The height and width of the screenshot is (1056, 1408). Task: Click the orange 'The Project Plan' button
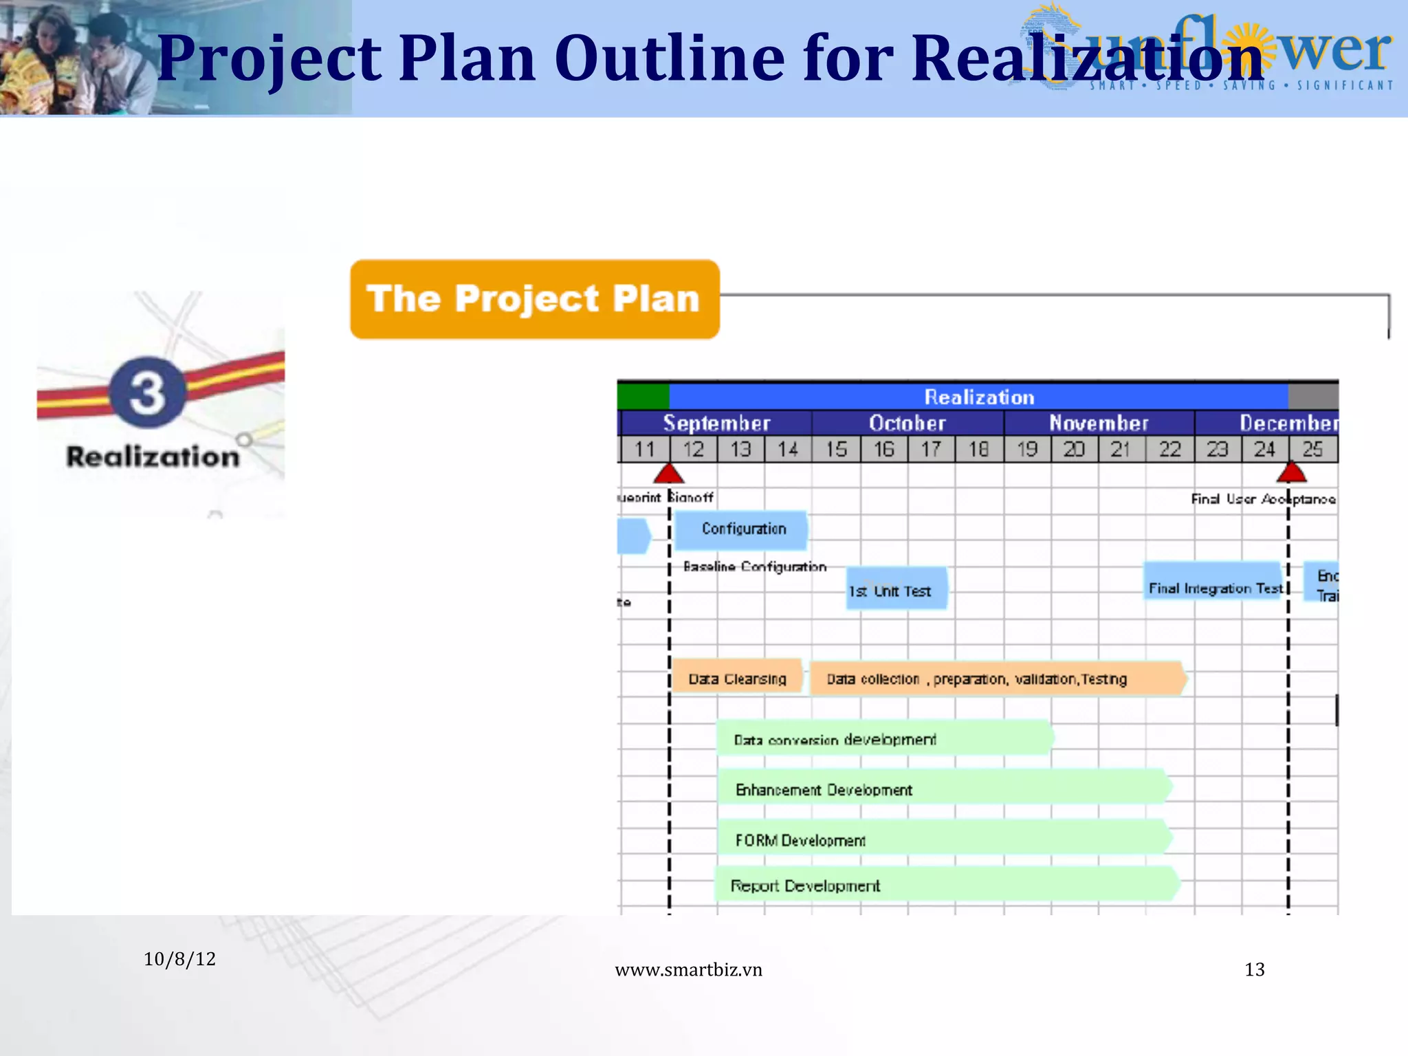point(534,299)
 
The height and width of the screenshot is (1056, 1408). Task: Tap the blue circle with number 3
point(147,392)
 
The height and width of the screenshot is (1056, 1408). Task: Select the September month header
point(716,423)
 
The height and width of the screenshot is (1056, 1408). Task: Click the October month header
point(907,423)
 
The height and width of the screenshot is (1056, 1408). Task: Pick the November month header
point(1098,423)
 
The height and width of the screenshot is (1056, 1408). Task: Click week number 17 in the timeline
point(931,450)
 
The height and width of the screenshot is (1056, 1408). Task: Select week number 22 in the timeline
point(1169,450)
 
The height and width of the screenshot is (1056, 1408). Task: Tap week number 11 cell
point(644,450)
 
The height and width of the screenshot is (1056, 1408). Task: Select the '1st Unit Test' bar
point(896,589)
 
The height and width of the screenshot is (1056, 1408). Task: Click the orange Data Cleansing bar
point(737,678)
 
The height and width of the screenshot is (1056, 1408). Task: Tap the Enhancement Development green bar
point(942,789)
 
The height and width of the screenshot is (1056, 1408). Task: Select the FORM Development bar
point(942,839)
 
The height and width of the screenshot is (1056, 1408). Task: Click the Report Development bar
point(945,885)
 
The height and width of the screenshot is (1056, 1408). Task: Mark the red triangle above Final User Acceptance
point(1290,473)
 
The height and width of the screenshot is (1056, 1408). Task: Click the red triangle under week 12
point(668,474)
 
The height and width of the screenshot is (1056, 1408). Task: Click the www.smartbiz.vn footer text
point(688,969)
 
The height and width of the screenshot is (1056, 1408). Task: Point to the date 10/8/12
point(179,959)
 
